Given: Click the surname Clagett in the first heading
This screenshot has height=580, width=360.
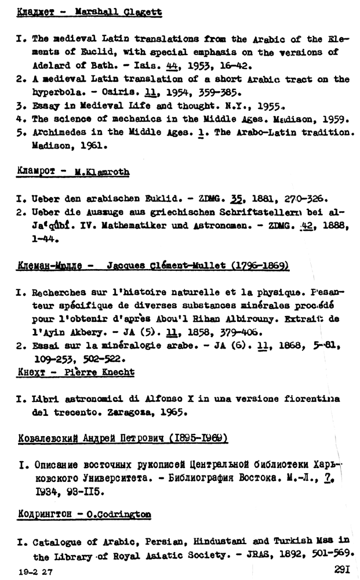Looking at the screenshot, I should [x=142, y=12].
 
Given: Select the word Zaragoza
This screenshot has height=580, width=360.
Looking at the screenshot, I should [x=132, y=413].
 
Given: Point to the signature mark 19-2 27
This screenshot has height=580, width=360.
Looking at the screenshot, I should [x=34, y=571].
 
